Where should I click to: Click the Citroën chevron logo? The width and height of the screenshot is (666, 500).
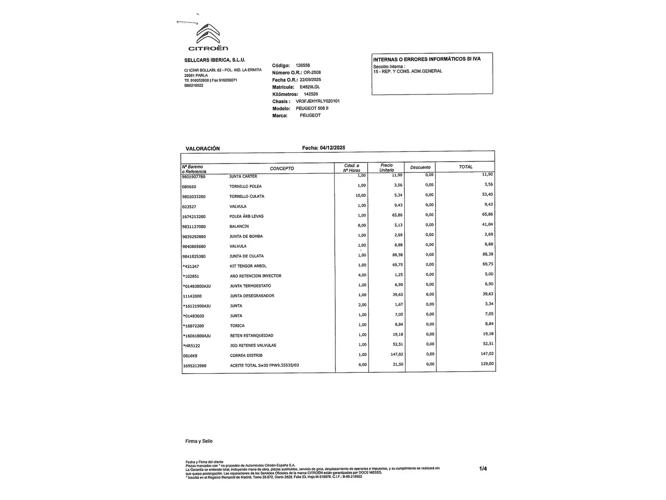tap(208, 34)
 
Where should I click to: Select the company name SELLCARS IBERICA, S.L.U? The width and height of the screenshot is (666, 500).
tap(215, 60)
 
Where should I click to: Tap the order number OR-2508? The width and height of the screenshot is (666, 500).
tap(312, 73)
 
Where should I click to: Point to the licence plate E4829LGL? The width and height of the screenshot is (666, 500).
tap(309, 87)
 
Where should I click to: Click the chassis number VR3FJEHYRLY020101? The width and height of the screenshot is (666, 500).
tap(318, 101)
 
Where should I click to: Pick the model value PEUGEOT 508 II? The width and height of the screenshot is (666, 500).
tap(312, 108)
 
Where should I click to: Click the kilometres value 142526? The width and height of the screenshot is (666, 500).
tap(311, 94)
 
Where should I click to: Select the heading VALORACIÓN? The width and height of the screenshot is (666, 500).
tap(203, 149)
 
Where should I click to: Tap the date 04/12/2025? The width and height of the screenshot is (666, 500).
tap(332, 148)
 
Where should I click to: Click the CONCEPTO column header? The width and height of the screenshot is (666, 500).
tap(282, 169)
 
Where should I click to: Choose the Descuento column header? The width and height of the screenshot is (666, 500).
tap(420, 168)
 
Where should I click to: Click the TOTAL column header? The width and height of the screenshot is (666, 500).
tap(466, 167)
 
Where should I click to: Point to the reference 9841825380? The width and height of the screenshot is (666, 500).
tap(194, 256)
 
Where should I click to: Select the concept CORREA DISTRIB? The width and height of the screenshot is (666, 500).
tap(246, 356)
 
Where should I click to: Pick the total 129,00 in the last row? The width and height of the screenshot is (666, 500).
tap(487, 364)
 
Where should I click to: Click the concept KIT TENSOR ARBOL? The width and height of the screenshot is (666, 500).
tap(248, 266)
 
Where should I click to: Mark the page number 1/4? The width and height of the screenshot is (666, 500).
tap(483, 469)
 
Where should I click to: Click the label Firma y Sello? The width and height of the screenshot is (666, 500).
tap(199, 441)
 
